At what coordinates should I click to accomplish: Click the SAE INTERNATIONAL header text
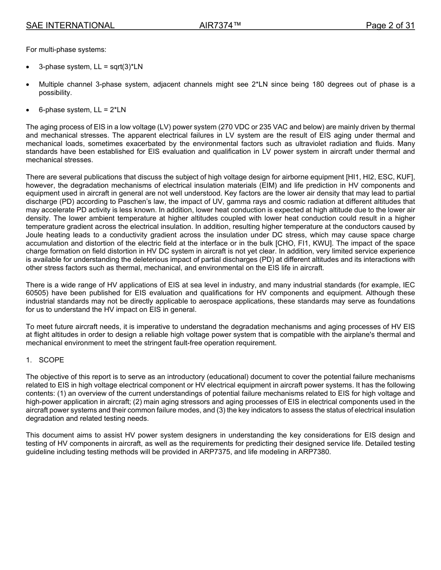[70, 25]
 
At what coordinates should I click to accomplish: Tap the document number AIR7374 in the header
[220, 25]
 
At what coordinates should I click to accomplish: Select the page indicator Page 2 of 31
[390, 25]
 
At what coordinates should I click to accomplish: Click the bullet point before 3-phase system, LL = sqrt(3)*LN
[28, 67]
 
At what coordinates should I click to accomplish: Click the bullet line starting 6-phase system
[82, 110]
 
